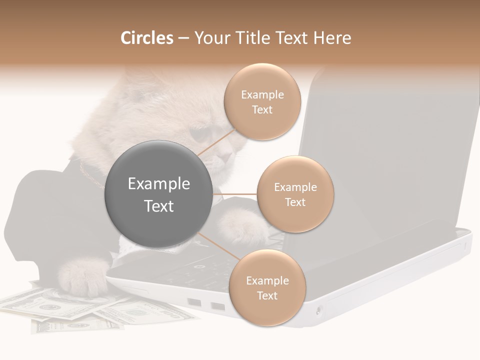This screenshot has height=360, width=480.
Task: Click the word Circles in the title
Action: coord(146,38)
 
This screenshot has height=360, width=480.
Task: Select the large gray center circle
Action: coord(158,194)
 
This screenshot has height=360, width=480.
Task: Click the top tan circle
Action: coord(262,102)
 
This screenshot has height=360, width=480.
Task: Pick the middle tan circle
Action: coord(295,194)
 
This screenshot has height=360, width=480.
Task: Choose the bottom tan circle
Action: coord(267,288)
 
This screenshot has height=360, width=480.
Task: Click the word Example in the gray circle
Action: coord(158,184)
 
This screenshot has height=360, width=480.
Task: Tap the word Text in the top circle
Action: coord(262,110)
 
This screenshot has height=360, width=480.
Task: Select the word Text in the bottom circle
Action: coord(267,296)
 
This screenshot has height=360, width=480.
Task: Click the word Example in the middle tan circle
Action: coord(295,187)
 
